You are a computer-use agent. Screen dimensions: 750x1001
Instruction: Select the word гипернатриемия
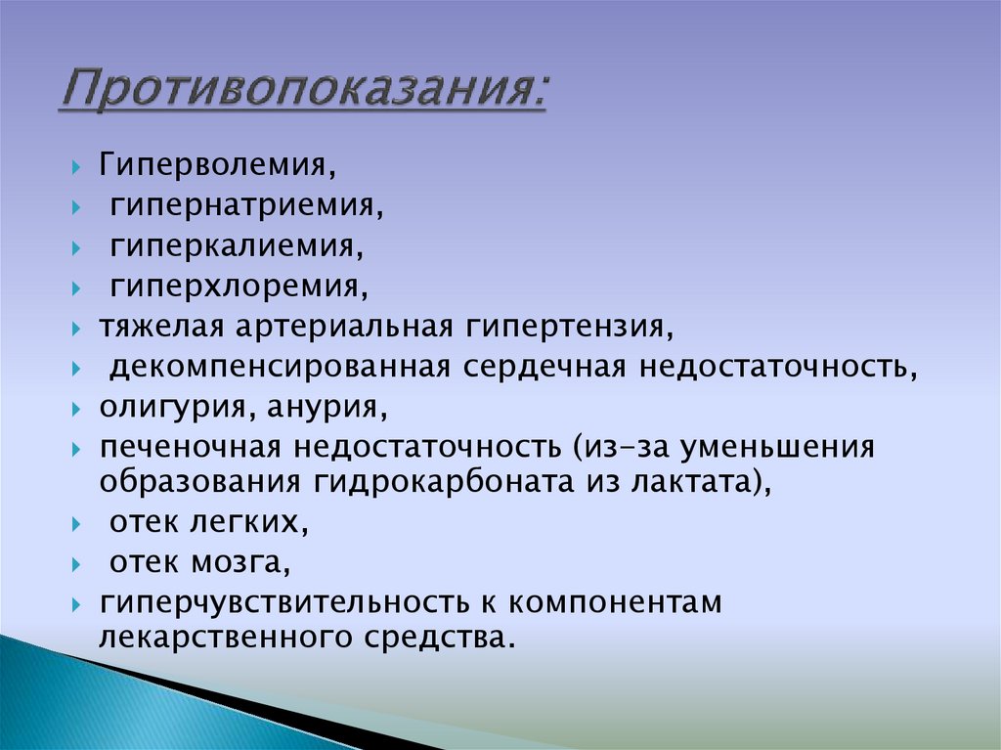pyautogui.click(x=241, y=206)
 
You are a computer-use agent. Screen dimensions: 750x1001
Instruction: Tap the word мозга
pyautogui.click(x=247, y=563)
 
